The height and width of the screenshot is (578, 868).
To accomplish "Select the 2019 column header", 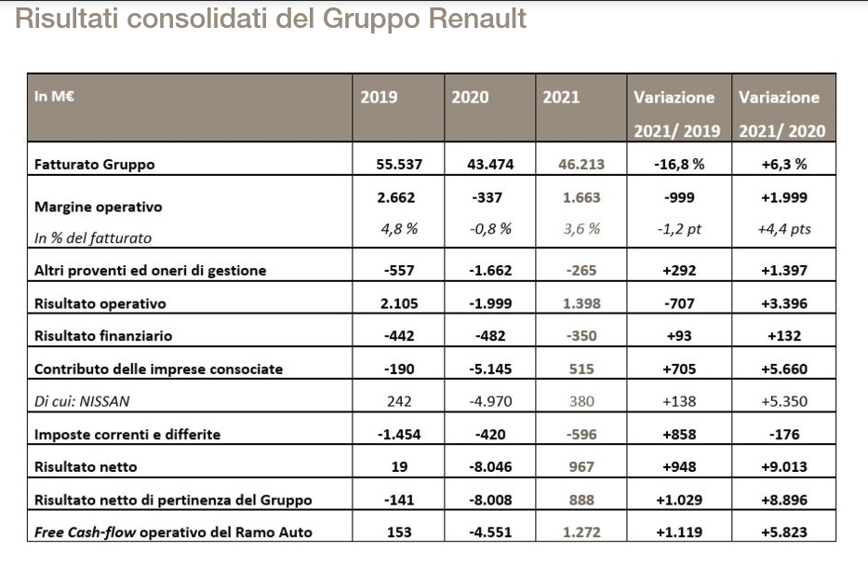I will pyautogui.click(x=379, y=98).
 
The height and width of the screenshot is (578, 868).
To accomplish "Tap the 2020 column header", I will pyautogui.click(x=470, y=98).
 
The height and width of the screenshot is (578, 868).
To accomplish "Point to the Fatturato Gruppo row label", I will pyautogui.click(x=94, y=165).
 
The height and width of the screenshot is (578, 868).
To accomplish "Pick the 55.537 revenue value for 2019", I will pyautogui.click(x=399, y=165).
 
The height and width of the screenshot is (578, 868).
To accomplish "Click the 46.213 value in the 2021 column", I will pyautogui.click(x=581, y=165).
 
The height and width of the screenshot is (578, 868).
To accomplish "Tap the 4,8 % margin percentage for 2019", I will pyautogui.click(x=399, y=229).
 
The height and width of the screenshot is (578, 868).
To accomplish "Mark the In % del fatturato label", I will pyautogui.click(x=92, y=238).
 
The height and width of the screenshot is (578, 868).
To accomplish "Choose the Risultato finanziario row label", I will pyautogui.click(x=103, y=336).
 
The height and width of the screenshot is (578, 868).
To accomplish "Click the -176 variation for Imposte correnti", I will pyautogui.click(x=784, y=435).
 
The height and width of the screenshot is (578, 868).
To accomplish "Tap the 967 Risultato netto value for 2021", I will pyautogui.click(x=581, y=467).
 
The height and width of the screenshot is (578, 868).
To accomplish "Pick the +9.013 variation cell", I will pyautogui.click(x=784, y=467).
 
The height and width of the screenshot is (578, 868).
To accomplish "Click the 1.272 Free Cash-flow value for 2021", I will pyautogui.click(x=581, y=533).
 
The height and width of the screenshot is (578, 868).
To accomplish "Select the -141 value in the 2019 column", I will pyautogui.click(x=399, y=500).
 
